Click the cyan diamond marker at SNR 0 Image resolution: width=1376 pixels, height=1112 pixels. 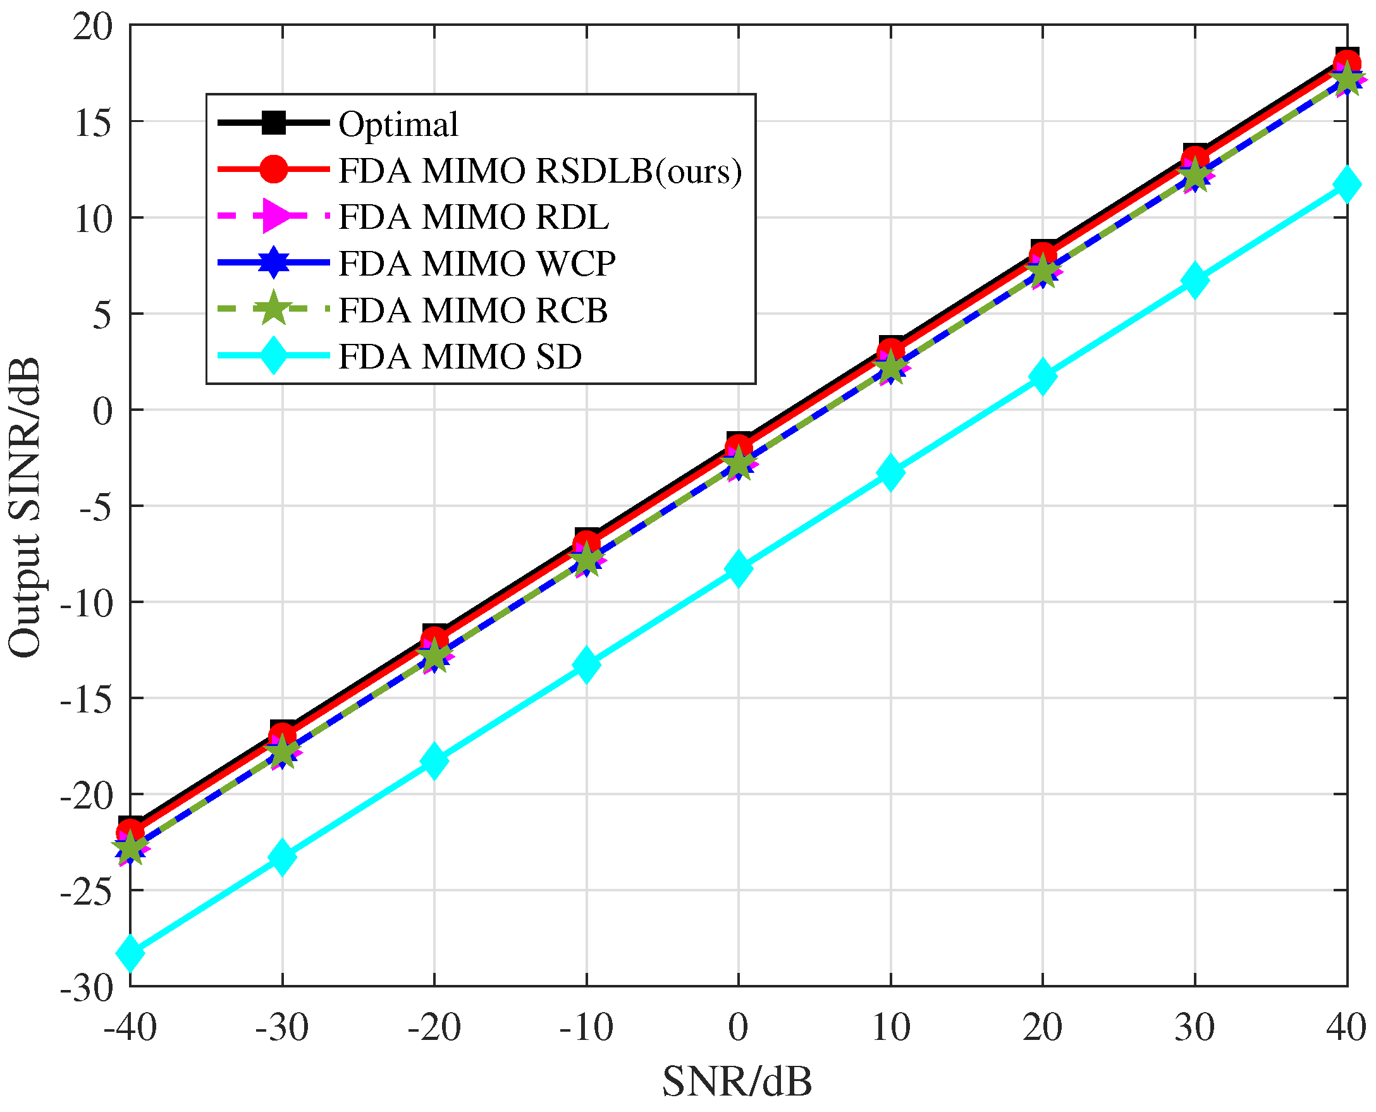coord(738,568)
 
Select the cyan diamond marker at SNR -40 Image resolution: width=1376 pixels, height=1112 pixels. coord(130,952)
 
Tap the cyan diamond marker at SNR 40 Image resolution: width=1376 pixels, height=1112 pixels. coord(1346,185)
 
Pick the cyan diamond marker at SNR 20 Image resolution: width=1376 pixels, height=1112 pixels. coord(1042,376)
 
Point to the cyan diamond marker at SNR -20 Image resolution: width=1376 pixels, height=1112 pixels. coord(434,761)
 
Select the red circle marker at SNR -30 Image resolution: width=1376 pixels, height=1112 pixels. coord(282,735)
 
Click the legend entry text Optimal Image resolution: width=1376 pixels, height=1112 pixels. coord(398,125)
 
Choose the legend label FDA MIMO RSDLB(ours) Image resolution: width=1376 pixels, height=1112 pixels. coord(539,171)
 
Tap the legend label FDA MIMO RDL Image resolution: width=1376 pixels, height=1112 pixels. coord(474,217)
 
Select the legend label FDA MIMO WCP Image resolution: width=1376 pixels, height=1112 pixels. coord(477,264)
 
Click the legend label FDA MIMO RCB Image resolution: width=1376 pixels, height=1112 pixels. coord(473,310)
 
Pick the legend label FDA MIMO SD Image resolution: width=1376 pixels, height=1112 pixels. coord(459,357)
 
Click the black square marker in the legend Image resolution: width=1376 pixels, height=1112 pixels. coord(274,123)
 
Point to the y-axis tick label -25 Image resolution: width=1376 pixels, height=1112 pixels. coord(86,890)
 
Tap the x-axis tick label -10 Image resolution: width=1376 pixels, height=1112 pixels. coord(586,1028)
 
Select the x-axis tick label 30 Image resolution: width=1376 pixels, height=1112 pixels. coord(1194,1028)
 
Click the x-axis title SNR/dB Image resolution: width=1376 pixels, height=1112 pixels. coord(737,1082)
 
